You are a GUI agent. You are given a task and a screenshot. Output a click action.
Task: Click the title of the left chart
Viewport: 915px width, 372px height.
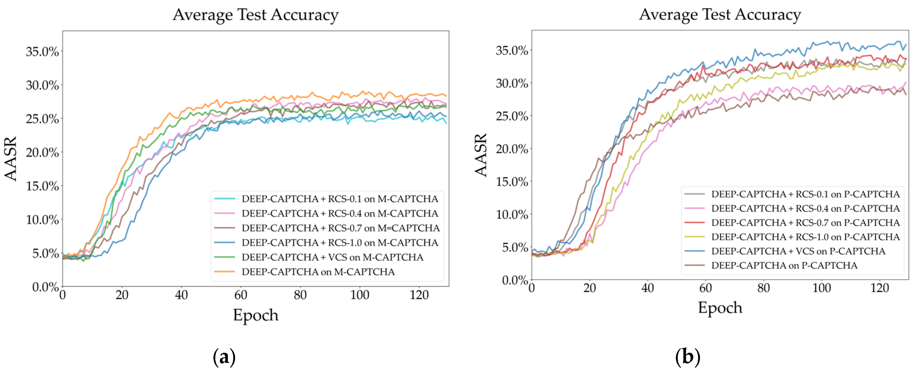point(255,15)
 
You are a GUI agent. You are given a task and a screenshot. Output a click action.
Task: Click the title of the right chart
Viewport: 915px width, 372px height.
point(720,15)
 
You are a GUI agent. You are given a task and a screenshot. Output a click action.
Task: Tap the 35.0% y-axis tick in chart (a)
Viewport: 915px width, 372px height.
point(42,52)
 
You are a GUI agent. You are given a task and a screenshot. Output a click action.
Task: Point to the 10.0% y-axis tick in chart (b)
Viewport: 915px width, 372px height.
point(512,214)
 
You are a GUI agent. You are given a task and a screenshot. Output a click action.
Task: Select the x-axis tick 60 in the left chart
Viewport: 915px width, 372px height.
point(240,295)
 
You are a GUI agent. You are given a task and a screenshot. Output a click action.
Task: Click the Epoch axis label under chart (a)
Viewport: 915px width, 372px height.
point(255,315)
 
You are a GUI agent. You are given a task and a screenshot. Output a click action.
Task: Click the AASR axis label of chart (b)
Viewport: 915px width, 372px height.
point(481,155)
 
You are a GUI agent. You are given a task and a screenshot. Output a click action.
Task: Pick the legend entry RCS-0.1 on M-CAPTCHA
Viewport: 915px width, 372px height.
point(340,199)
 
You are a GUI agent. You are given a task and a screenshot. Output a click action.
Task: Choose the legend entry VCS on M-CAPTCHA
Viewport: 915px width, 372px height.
point(332,257)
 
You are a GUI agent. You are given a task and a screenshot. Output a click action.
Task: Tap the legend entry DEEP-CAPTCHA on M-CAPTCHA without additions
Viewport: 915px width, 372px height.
point(318,272)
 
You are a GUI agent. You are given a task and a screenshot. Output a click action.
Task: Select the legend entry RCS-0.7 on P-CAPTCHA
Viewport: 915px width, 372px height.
point(805,223)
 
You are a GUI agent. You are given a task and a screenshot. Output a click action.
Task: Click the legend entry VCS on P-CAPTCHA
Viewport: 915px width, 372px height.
point(798,251)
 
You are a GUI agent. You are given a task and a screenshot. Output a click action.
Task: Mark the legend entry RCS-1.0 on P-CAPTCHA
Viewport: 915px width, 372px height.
point(805,237)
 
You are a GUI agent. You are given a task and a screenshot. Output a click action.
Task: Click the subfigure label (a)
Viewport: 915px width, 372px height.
point(224,357)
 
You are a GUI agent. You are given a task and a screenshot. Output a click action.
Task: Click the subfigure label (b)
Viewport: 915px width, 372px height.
point(688,356)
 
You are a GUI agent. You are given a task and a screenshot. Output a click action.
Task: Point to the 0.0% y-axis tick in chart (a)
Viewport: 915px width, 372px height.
point(45,287)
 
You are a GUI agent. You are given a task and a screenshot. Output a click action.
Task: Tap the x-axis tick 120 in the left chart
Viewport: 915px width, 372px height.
point(419,295)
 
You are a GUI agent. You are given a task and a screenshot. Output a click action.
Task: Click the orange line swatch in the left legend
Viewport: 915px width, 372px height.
point(224,272)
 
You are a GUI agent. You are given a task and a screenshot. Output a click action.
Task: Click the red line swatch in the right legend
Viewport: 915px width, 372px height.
point(694,223)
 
